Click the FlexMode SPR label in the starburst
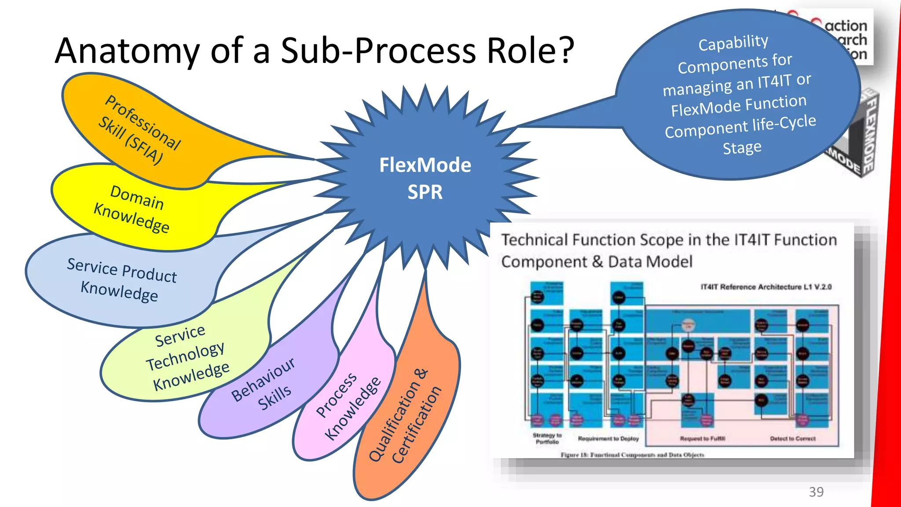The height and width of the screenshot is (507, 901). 425,178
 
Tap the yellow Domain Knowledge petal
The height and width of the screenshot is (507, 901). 132,209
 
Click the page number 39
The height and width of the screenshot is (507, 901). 816,492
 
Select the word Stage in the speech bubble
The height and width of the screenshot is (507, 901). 742,147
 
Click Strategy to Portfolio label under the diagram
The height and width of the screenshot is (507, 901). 547,438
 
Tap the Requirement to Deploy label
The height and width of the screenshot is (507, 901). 608,439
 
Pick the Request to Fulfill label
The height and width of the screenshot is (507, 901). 702,439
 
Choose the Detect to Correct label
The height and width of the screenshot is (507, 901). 792,439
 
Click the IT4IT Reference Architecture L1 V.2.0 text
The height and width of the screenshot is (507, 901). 765,287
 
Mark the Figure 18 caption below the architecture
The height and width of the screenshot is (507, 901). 632,455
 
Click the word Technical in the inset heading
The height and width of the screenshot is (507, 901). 535,240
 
